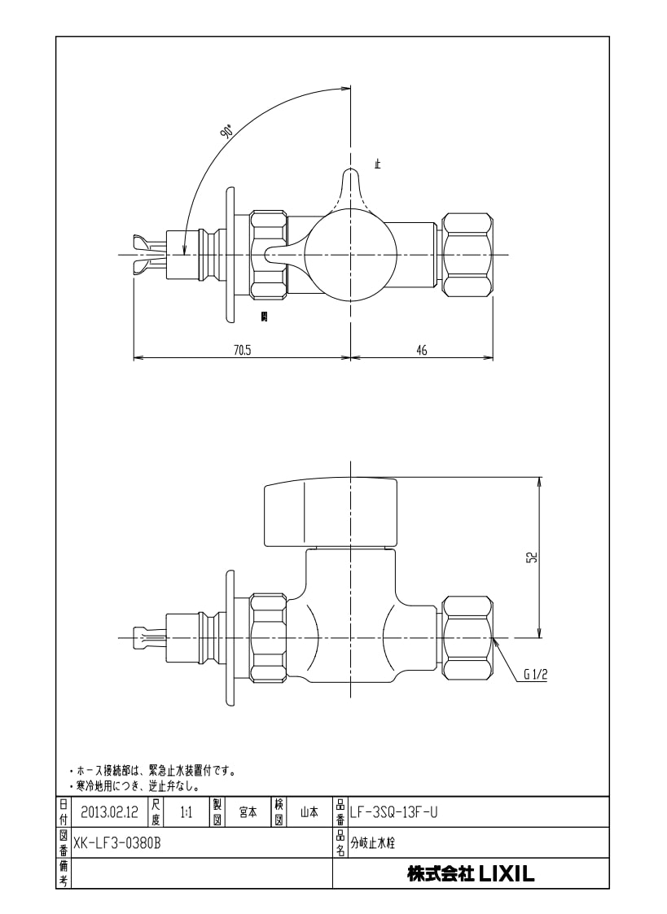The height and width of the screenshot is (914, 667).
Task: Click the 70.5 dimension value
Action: pyautogui.click(x=243, y=350)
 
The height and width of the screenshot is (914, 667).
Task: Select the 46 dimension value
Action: pyautogui.click(x=421, y=350)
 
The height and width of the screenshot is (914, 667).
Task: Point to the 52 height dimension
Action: pyautogui.click(x=532, y=558)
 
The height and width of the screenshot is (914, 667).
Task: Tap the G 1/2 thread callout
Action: pyautogui.click(x=535, y=675)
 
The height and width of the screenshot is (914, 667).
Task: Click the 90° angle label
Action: pyautogui.click(x=226, y=132)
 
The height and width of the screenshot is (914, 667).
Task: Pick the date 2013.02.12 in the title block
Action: pyautogui.click(x=110, y=812)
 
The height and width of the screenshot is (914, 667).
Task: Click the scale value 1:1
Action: pyautogui.click(x=186, y=812)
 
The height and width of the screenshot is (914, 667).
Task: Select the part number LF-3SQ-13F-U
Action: pyautogui.click(x=393, y=812)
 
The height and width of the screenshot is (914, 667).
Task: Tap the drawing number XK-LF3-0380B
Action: pyautogui.click(x=116, y=843)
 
